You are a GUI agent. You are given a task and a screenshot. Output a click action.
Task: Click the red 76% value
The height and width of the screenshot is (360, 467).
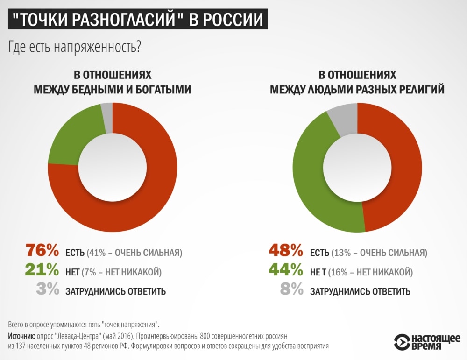point(42,251)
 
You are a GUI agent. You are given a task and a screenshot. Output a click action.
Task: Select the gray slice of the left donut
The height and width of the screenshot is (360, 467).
point(107,111)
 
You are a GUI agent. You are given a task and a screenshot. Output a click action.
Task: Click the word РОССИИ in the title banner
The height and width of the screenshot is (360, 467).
point(230,21)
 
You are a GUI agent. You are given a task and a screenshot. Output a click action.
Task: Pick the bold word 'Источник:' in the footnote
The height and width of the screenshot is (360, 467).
point(21,336)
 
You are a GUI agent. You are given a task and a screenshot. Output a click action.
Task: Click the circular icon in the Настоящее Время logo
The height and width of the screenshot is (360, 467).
point(402,342)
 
